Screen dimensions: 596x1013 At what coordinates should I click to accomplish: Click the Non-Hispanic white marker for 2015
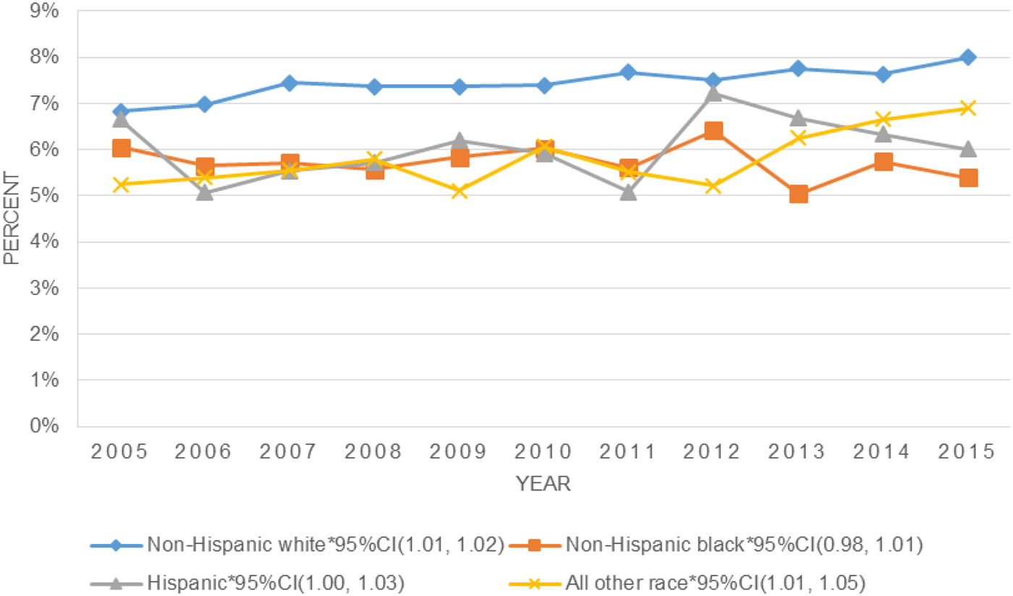(x=968, y=58)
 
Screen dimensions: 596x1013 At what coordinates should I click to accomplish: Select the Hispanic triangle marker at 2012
(x=713, y=93)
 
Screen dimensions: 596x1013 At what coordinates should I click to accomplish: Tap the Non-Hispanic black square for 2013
(x=798, y=194)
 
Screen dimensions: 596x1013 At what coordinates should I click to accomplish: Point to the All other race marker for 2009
(x=459, y=191)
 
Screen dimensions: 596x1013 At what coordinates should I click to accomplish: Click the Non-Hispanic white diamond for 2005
(x=120, y=111)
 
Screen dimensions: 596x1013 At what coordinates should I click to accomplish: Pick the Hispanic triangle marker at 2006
(x=205, y=192)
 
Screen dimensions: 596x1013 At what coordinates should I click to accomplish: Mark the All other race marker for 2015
(x=968, y=108)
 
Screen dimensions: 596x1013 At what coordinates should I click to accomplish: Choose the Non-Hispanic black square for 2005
(x=120, y=148)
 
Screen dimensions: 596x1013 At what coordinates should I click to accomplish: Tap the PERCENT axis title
(x=12, y=218)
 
